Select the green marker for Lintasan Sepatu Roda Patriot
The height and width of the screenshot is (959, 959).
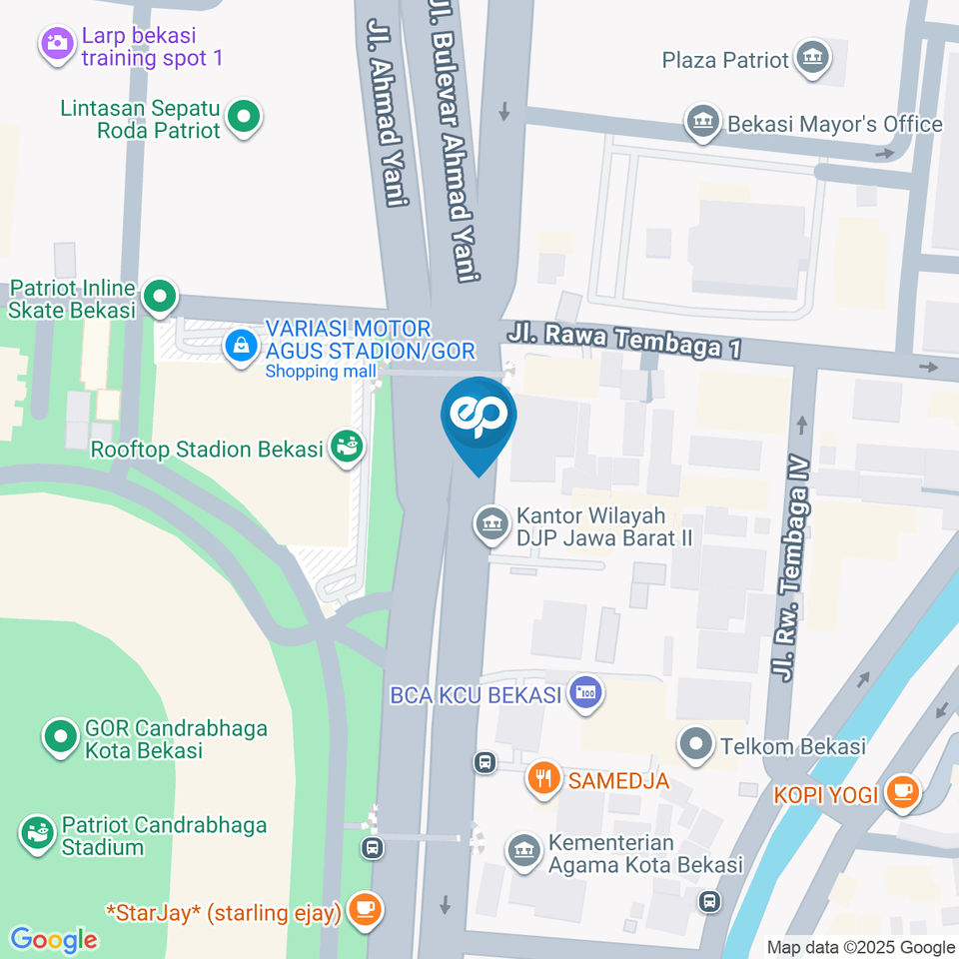coord(243,117)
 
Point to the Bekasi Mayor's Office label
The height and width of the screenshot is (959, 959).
coord(834,124)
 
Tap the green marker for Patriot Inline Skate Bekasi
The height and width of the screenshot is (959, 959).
coord(159,297)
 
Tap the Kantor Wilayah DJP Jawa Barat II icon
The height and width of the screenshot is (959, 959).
coord(490,523)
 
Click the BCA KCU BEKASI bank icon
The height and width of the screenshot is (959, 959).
coord(583,693)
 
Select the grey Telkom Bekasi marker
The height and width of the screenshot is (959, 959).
coord(694,744)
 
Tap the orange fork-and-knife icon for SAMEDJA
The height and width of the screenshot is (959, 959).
coord(542,778)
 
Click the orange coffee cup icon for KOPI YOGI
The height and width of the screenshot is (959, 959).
coord(903,793)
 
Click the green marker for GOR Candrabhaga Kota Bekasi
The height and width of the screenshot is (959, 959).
coord(61,738)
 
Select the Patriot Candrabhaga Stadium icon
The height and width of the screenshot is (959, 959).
coord(39,834)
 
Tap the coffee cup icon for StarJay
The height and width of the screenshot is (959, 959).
coord(365,910)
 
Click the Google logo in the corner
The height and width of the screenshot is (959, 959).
coord(54,939)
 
